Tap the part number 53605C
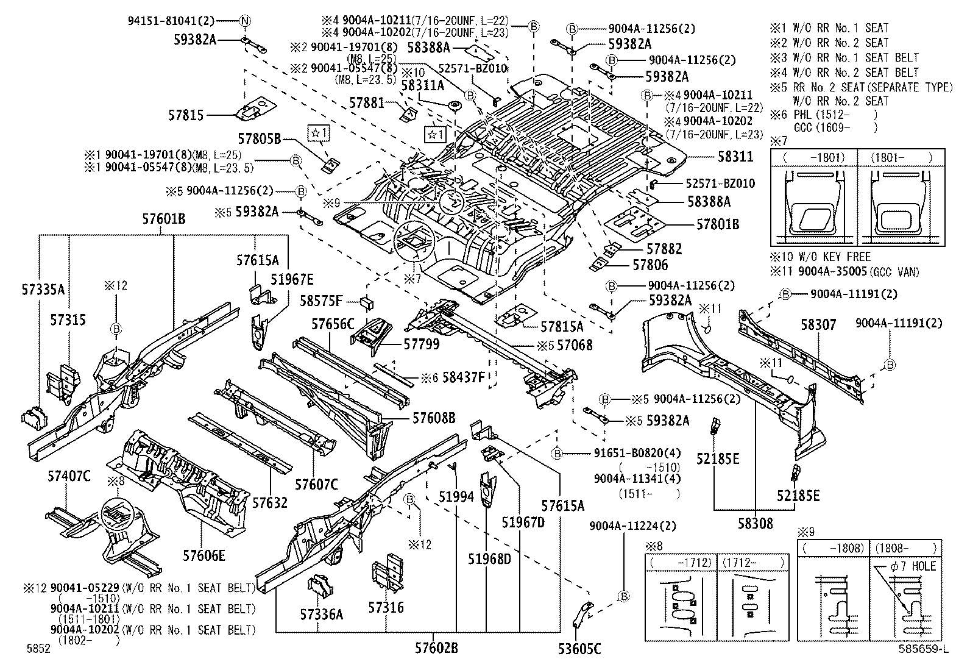(x=579, y=648)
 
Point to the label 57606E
(x=204, y=555)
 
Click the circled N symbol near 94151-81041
(x=245, y=21)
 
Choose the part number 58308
(x=755, y=523)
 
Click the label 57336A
(x=321, y=615)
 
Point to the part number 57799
(x=421, y=344)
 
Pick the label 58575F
(x=322, y=300)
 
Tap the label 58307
(x=818, y=326)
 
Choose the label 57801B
(x=718, y=224)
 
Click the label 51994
(x=456, y=497)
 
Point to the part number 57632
(x=270, y=502)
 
